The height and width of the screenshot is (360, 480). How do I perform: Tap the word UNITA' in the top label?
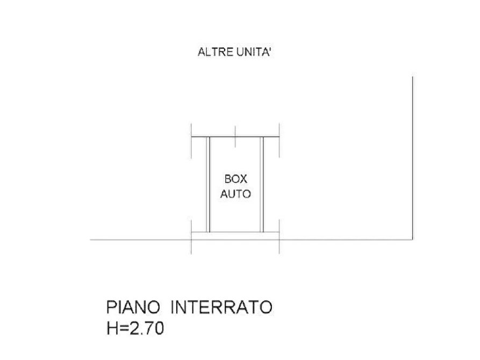pos(254,52)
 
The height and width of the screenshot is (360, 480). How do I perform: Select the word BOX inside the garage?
pos(236,179)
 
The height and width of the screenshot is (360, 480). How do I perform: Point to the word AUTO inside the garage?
pos(236,194)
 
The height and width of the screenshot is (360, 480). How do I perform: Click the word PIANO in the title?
pos(133,307)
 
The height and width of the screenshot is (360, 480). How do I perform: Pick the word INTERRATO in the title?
pos(221,307)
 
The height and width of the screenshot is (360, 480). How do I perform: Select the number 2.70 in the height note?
pos(147,328)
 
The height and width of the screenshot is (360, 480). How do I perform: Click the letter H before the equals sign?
pos(112,328)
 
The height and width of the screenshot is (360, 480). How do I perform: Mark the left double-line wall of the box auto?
pos(208,184)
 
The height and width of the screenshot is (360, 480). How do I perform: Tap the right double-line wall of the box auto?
pos(262,184)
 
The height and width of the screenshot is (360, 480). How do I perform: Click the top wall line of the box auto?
pos(235,136)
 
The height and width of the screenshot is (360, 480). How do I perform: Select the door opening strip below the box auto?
pos(235,236)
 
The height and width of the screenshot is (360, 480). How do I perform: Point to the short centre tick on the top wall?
pos(235,136)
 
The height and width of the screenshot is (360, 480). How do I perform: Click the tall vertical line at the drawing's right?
pos(413,158)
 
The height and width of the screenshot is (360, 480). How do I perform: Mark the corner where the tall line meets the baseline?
pos(413,240)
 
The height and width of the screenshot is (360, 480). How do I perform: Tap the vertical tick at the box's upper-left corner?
pos(191,141)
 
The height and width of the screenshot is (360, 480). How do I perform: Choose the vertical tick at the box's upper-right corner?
pos(279,140)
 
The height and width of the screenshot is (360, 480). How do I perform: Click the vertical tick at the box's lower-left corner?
pos(191,236)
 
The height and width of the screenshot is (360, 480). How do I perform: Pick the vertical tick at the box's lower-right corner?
pos(279,236)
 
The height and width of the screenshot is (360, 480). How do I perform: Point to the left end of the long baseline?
pos(90,240)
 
